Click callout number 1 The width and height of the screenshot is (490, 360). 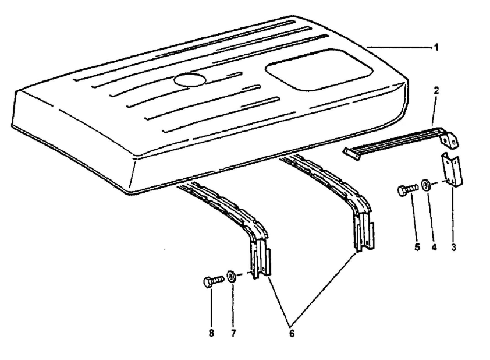click(436, 48)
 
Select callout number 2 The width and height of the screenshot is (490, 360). click(436, 90)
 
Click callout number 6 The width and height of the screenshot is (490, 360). click(291, 334)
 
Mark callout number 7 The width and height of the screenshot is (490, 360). click(233, 333)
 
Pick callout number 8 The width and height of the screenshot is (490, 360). click(212, 333)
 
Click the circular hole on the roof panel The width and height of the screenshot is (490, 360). click(190, 79)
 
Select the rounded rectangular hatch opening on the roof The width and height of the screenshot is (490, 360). click(319, 69)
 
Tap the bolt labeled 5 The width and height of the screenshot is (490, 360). click(407, 189)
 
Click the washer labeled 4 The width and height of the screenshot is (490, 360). click(426, 185)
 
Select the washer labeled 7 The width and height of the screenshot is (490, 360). click(231, 277)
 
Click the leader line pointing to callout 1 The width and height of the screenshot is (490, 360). click(400, 48)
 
